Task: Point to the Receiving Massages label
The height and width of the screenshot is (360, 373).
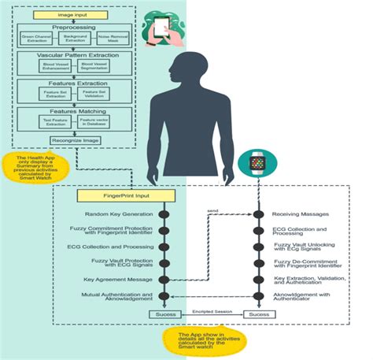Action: [301, 214]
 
